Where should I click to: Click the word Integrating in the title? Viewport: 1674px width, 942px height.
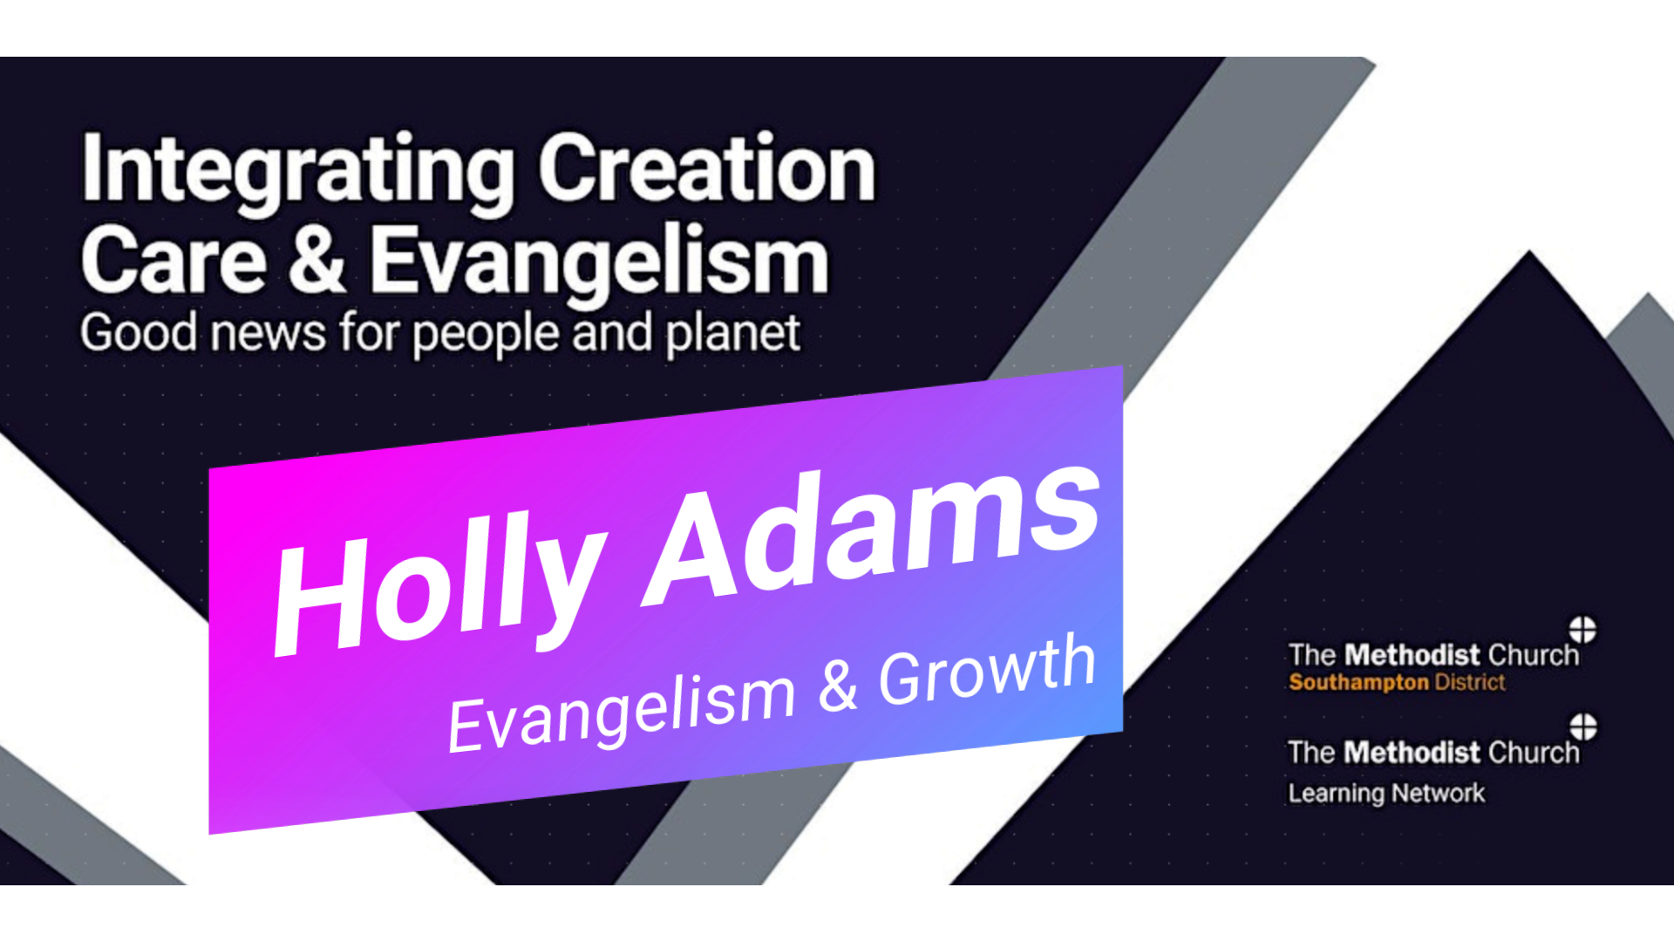point(297,172)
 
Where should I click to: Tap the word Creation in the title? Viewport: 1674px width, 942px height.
point(707,167)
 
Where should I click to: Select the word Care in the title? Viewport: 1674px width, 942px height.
point(174,259)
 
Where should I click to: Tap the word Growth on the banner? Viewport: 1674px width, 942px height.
point(987,670)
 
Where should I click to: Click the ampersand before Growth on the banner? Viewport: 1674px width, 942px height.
point(839,686)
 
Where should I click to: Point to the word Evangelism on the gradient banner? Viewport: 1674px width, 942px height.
point(622,710)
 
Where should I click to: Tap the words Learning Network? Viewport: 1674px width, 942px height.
point(1386,794)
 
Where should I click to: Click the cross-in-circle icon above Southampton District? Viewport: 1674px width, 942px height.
point(1582,629)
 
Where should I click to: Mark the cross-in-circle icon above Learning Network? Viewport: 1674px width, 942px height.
point(1583,727)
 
